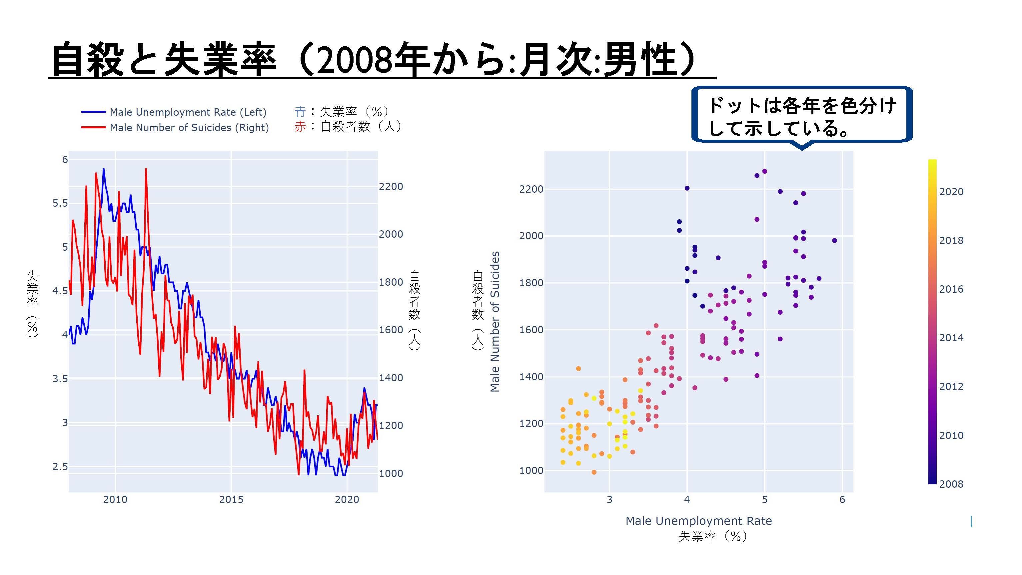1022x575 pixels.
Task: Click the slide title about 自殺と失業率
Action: [374, 60]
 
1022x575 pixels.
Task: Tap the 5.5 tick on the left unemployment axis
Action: [60, 203]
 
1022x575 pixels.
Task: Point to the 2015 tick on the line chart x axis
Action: [231, 499]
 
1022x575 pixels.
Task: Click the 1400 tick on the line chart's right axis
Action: [391, 378]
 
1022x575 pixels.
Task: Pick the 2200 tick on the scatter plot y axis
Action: [531, 189]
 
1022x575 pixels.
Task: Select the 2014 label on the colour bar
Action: [951, 338]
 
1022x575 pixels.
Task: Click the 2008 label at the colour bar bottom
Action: [951, 484]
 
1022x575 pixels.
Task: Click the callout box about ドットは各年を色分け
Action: [802, 115]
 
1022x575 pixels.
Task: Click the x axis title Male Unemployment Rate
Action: [699, 521]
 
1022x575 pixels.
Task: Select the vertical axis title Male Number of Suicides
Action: [495, 321]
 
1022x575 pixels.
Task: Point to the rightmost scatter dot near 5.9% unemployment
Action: [834, 240]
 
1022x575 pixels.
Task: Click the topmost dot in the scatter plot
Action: [764, 171]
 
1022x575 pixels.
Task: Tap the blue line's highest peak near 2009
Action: [104, 169]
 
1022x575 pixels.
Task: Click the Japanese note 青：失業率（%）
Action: [341, 112]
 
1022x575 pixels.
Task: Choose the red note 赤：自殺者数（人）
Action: [348, 127]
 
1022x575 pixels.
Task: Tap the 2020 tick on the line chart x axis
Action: [347, 499]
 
